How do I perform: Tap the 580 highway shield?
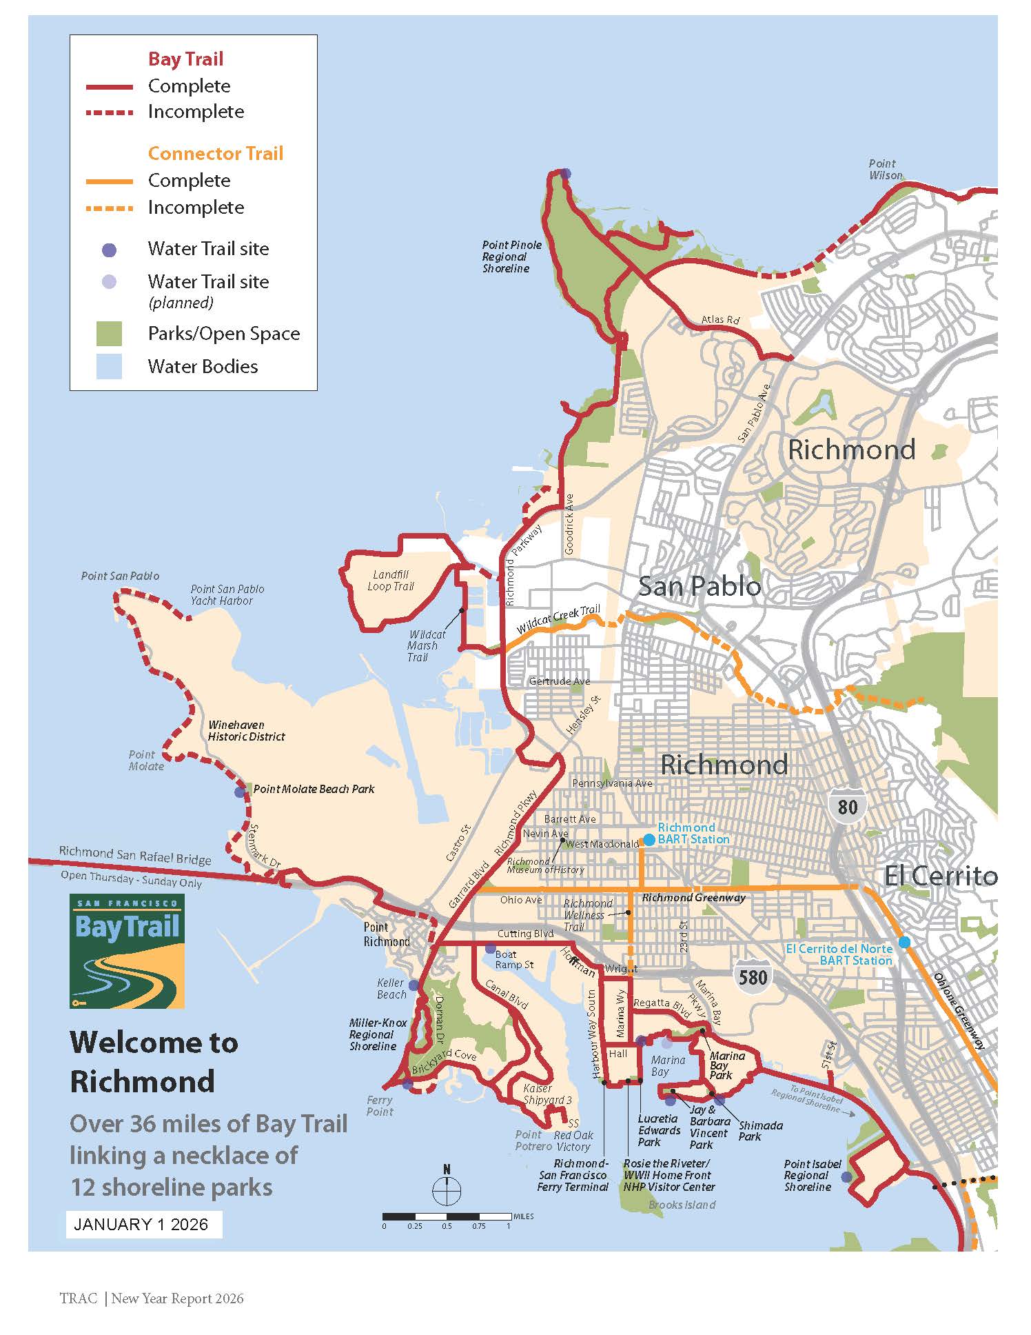(x=752, y=977)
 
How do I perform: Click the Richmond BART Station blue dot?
(x=649, y=840)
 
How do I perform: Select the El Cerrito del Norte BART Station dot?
(x=904, y=943)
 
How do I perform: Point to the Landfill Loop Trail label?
(x=391, y=580)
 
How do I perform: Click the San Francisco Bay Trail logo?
(x=127, y=951)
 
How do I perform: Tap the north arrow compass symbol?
(x=447, y=1190)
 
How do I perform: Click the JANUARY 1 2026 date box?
(x=144, y=1224)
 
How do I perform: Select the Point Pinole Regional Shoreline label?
(x=511, y=257)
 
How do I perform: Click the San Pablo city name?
(x=699, y=586)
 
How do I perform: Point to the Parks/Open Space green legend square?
(x=109, y=334)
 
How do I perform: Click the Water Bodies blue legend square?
(x=109, y=367)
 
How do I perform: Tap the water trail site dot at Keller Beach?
(x=414, y=985)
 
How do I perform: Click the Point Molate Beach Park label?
(x=314, y=789)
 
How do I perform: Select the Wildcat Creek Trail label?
(x=558, y=619)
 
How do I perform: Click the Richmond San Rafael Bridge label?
(x=134, y=855)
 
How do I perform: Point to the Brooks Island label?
(x=682, y=1205)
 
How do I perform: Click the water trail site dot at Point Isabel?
(x=846, y=1177)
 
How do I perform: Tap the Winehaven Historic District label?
(x=246, y=730)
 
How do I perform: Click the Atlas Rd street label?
(x=720, y=319)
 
